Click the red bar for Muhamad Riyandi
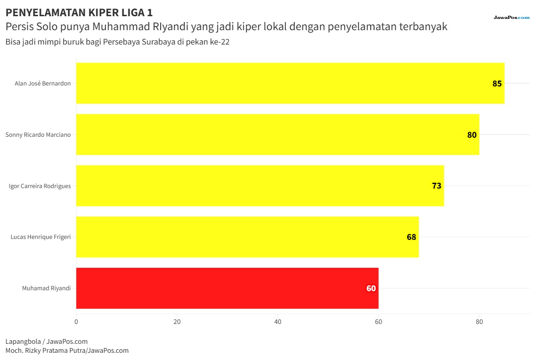pos(227,288)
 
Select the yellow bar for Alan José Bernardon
pos(290,83)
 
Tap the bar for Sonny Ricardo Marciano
pos(278,134)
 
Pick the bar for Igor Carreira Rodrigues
pos(260,186)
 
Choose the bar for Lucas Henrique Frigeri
pos(247,237)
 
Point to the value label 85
pos(497,83)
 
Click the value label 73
pos(436,186)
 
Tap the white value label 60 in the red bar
pos(371,288)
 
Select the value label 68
pos(411,237)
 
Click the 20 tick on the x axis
pos(177,322)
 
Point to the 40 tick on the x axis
pos(278,322)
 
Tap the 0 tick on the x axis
pos(76,322)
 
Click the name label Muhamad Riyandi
pos(46,288)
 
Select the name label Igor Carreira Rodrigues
pos(40,186)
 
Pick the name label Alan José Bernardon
pos(43,83)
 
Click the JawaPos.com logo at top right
pos(512,18)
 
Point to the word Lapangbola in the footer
pos(23,342)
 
